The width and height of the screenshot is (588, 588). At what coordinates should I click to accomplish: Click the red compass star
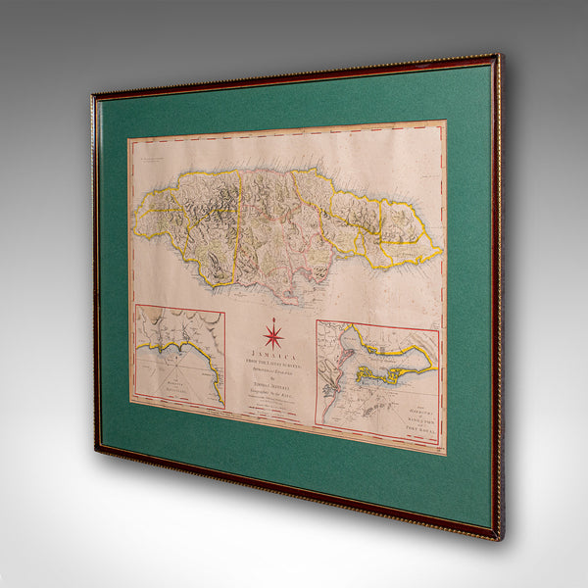(x=271, y=336)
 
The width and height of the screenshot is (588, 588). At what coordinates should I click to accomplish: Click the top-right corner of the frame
(x=499, y=56)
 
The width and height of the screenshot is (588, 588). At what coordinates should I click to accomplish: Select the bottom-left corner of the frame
(x=96, y=450)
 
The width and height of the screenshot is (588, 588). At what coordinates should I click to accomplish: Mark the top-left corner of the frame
(x=94, y=96)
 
